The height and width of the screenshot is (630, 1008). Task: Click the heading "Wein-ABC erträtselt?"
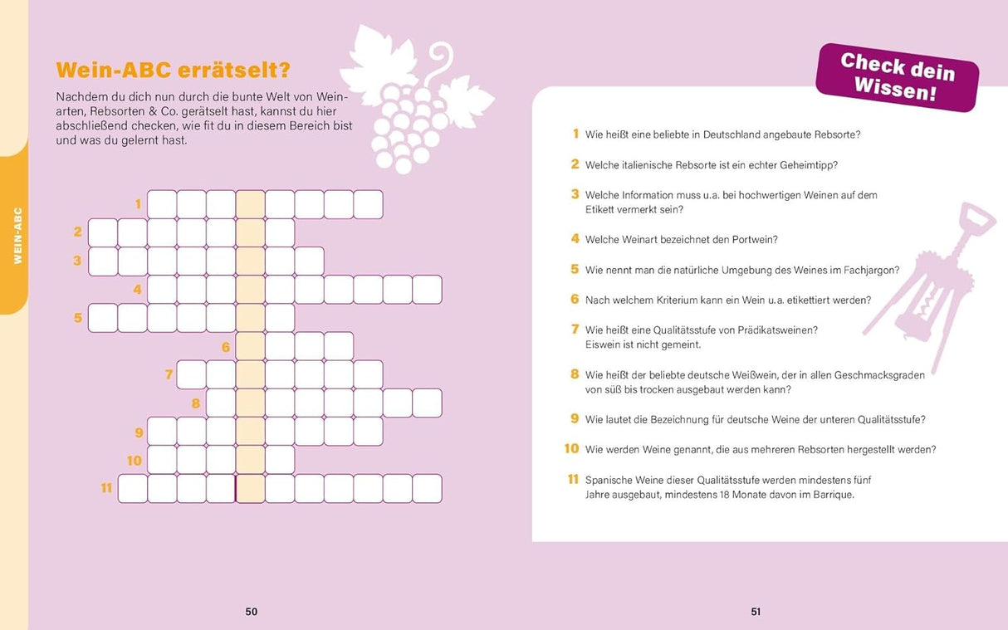coord(172,70)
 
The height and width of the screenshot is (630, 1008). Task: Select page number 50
coord(252,612)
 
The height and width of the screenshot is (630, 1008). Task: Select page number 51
coord(756,612)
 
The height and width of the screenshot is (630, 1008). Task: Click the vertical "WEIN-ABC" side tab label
coord(17,236)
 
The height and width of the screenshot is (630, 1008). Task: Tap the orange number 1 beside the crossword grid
coord(138,203)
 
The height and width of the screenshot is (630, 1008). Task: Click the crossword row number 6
coord(226,347)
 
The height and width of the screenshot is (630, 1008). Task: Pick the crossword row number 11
coord(106,488)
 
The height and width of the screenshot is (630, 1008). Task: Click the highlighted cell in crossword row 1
coord(250,204)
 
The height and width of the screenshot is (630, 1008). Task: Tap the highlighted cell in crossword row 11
coord(250,488)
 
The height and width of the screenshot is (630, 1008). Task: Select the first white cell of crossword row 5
coord(103,317)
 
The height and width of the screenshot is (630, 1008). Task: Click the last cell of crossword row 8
coord(427,403)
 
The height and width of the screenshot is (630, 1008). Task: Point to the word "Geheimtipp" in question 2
coord(809,165)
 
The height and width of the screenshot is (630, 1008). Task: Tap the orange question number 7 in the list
coord(575,330)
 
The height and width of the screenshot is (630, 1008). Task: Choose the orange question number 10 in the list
coord(571,449)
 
